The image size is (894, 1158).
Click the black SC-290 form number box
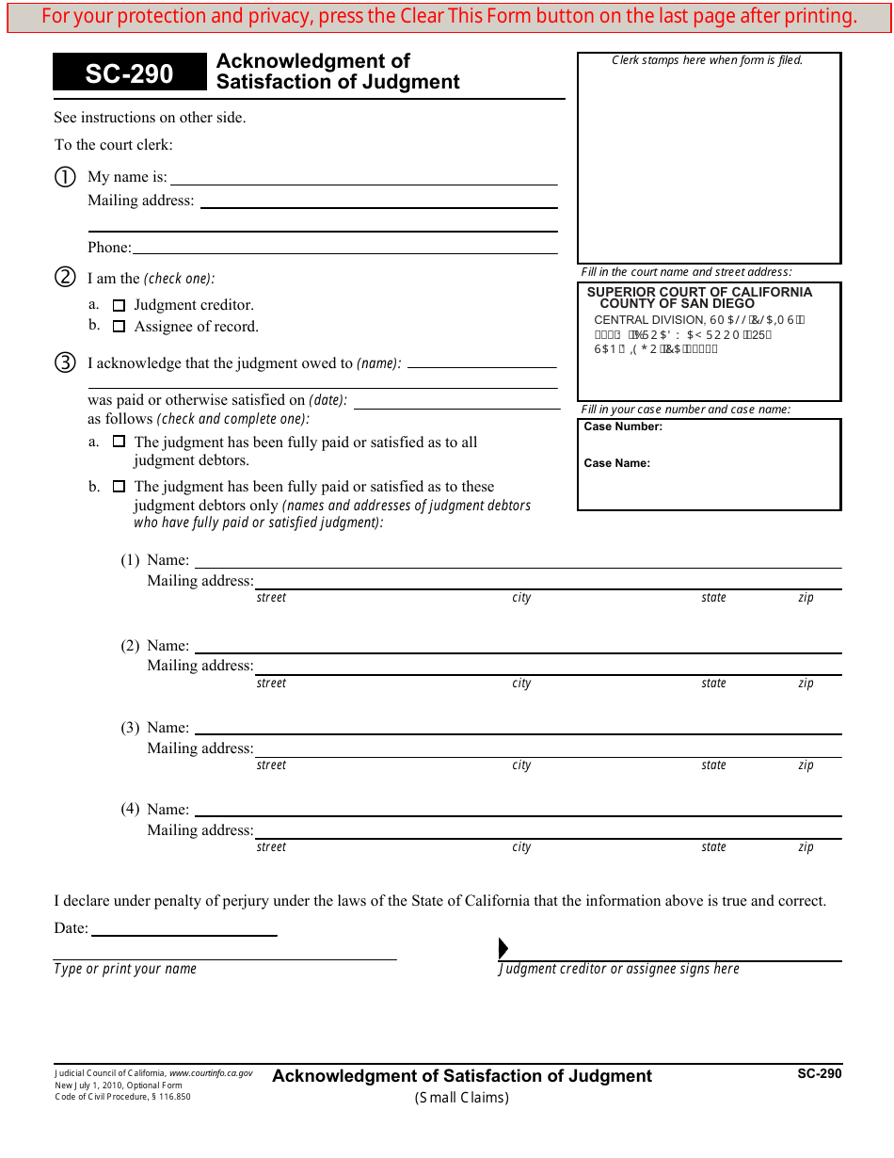tap(129, 73)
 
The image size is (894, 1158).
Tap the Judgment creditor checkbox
tap(119, 305)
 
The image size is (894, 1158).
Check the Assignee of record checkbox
tap(119, 327)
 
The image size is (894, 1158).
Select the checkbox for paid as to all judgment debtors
tap(119, 442)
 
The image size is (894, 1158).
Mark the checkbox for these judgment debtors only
tap(119, 487)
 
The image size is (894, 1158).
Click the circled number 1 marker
tap(64, 177)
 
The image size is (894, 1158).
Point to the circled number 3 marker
tap(64, 363)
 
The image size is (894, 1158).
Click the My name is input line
tap(363, 177)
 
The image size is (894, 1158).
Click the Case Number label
tap(623, 426)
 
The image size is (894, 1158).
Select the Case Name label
tap(617, 463)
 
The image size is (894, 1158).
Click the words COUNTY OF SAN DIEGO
tap(677, 304)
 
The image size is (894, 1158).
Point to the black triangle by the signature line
tap(503, 948)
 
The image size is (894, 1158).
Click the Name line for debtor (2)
tap(518, 646)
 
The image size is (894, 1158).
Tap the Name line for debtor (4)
tap(518, 810)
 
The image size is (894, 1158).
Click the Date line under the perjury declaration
tap(184, 929)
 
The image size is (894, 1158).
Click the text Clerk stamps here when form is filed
tap(708, 60)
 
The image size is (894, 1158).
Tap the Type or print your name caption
tap(125, 969)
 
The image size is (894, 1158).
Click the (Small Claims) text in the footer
tap(462, 1097)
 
